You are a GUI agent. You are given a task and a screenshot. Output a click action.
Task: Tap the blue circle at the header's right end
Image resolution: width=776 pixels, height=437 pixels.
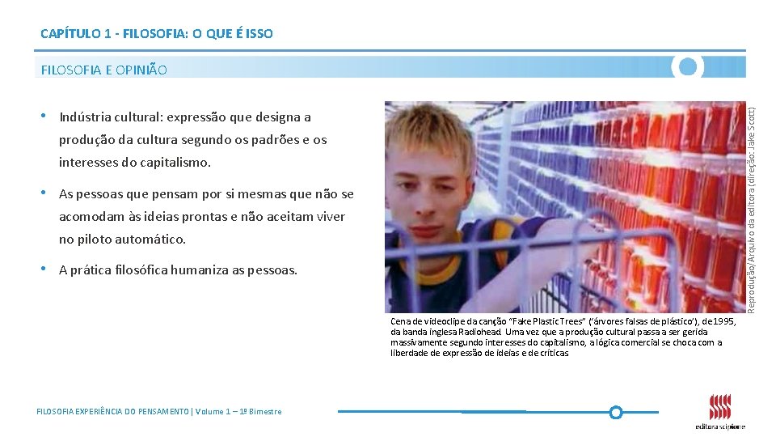[x=688, y=66]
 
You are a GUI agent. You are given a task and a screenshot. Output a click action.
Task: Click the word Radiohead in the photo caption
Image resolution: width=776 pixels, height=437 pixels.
[x=479, y=332]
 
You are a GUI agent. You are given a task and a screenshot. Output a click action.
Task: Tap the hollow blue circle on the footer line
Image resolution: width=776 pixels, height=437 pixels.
[x=615, y=412]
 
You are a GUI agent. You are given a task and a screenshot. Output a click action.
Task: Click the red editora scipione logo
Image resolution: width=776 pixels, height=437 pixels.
[x=719, y=408]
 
